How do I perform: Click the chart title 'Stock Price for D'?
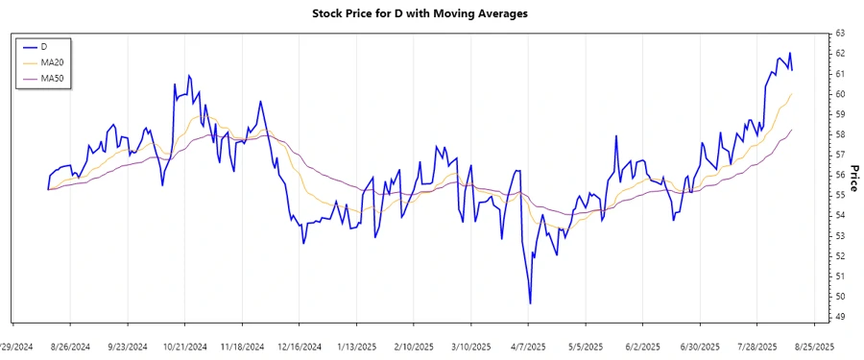tap(420, 13)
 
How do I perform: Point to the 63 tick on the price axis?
tap(839, 34)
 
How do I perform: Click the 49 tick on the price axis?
tap(839, 317)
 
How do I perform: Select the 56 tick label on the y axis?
tap(839, 175)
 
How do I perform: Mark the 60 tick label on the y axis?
tap(839, 94)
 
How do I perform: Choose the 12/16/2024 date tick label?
tap(299, 347)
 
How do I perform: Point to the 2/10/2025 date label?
tap(413, 347)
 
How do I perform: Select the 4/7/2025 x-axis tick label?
tap(528, 347)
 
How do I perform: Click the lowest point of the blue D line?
tap(530, 303)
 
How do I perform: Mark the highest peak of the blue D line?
tap(789, 53)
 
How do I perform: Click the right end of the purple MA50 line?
tap(792, 130)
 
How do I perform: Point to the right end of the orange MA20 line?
tap(792, 93)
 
